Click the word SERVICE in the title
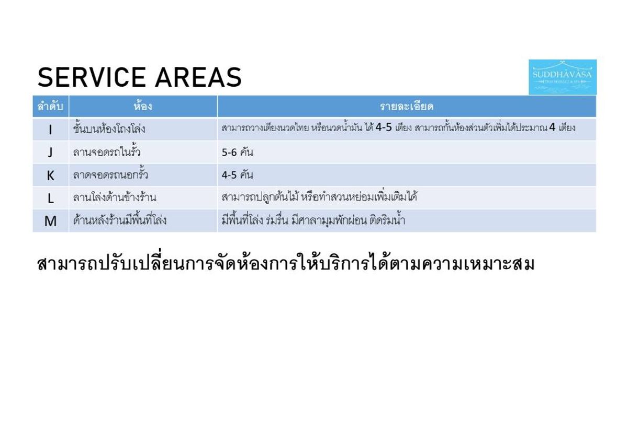tap(92, 77)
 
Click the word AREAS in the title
tap(198, 77)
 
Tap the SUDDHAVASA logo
tap(563, 77)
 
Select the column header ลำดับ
tap(50, 107)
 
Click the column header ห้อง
tap(143, 107)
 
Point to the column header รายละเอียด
tap(407, 107)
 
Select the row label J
tap(50, 153)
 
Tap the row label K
tap(50, 176)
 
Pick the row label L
tap(50, 199)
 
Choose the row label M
tap(50, 221)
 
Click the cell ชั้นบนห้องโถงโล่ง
tap(109, 129)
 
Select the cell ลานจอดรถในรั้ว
tap(107, 151)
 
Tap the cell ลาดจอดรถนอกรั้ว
tap(110, 174)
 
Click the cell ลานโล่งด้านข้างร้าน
tap(115, 197)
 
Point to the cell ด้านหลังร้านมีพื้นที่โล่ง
tap(120, 220)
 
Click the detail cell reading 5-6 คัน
tap(238, 152)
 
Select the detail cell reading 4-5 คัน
tap(238, 175)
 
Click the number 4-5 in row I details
tap(384, 127)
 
